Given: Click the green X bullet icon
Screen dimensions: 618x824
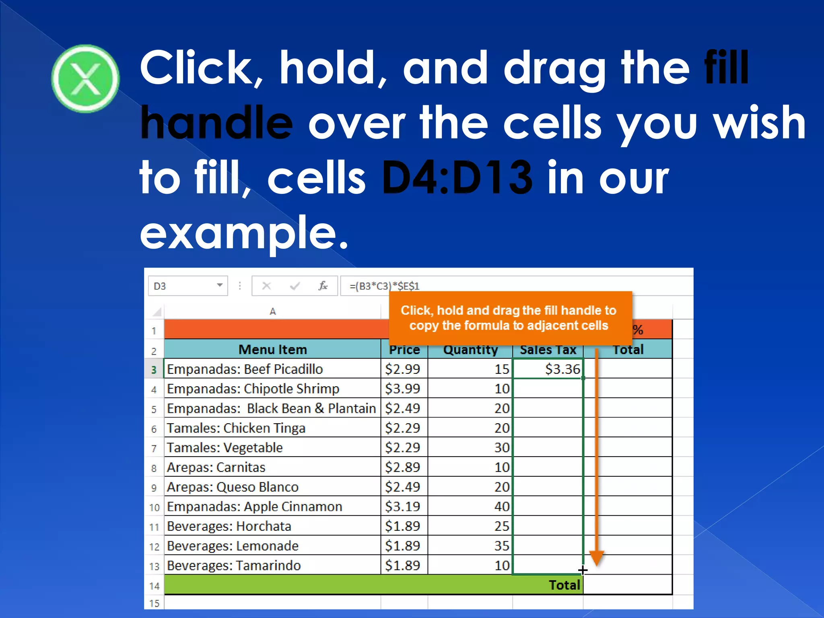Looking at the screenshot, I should click(x=85, y=78).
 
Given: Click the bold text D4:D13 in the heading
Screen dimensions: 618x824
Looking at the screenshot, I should click(x=457, y=177).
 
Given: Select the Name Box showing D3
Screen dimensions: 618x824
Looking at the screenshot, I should click(x=183, y=286).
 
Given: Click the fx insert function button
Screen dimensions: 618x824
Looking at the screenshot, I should click(x=323, y=286).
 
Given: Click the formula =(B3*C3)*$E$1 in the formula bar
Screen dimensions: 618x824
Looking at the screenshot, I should click(x=384, y=286).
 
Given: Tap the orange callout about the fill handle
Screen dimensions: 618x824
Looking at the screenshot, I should click(x=509, y=318).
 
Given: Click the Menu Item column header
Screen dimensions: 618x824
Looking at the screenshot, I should click(x=272, y=349).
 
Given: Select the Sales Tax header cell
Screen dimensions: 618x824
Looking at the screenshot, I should click(x=548, y=350).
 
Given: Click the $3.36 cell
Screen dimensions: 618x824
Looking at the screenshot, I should click(x=562, y=369).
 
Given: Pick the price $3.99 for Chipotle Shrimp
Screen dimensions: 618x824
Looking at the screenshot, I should click(x=403, y=389).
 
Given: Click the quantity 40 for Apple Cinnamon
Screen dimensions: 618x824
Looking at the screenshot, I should click(x=502, y=507).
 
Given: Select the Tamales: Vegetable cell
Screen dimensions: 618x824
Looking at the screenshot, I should click(x=225, y=448).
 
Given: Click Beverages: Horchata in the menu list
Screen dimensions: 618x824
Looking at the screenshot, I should click(x=229, y=526).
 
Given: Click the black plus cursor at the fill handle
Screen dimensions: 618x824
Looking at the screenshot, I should click(x=583, y=570).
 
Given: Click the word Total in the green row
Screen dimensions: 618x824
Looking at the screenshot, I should click(x=564, y=585).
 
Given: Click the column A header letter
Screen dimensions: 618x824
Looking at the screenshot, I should click(x=272, y=311).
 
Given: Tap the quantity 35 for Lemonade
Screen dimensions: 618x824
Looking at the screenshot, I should click(x=502, y=546).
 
